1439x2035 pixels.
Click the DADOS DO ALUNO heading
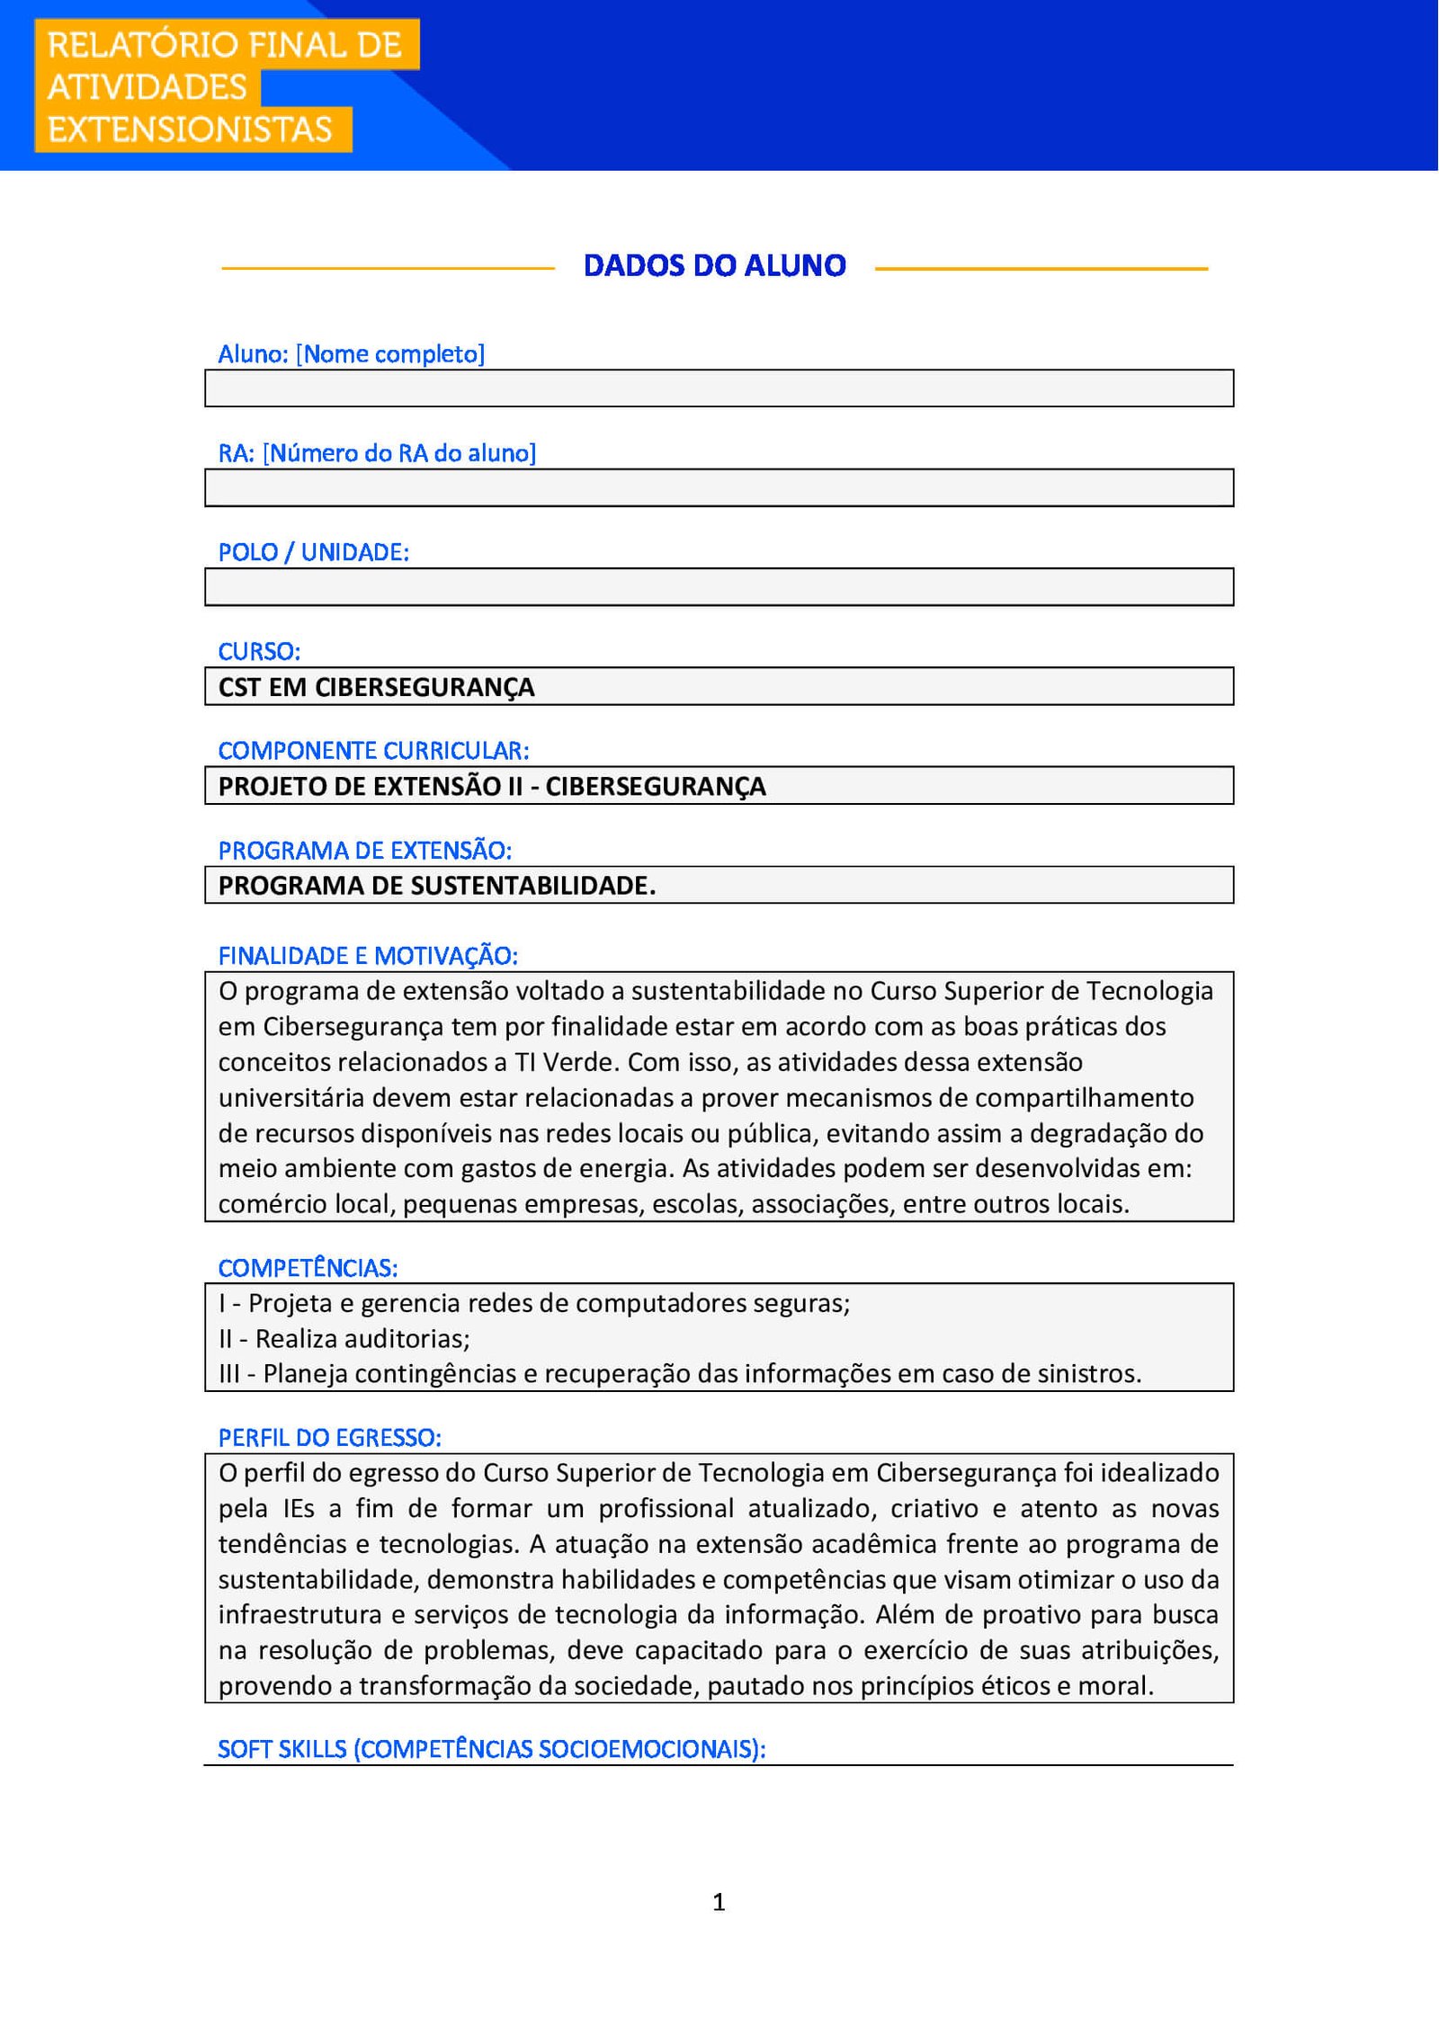pyautogui.click(x=715, y=266)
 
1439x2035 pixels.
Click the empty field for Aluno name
pyautogui.click(x=719, y=388)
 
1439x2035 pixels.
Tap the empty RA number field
pyautogui.click(x=719, y=487)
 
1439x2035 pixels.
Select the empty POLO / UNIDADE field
pyautogui.click(x=719, y=587)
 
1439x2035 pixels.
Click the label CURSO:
pyautogui.click(x=259, y=651)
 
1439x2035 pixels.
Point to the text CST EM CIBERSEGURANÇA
pyautogui.click(x=376, y=687)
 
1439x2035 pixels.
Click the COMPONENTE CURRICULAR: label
pyautogui.click(x=373, y=750)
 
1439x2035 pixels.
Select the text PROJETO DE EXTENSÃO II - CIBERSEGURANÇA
pyautogui.click(x=492, y=787)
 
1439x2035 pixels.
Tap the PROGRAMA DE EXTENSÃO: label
pyautogui.click(x=364, y=850)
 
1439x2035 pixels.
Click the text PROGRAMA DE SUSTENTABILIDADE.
pyautogui.click(x=437, y=886)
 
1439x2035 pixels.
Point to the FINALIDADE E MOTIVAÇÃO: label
pyautogui.click(x=368, y=956)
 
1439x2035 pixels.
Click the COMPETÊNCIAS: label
pyautogui.click(x=308, y=1268)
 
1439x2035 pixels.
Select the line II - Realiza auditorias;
pyautogui.click(x=344, y=1339)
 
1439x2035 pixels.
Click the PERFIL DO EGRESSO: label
pyautogui.click(x=329, y=1438)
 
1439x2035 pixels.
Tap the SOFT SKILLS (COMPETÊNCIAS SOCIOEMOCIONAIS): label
pyautogui.click(x=491, y=1749)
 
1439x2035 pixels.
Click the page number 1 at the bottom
pyautogui.click(x=719, y=1902)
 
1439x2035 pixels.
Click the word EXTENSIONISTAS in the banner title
pyautogui.click(x=190, y=129)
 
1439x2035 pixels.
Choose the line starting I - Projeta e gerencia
pyautogui.click(x=534, y=1303)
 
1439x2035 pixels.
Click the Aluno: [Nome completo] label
pyautogui.click(x=351, y=354)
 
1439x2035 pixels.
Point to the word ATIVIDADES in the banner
pyautogui.click(x=147, y=87)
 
